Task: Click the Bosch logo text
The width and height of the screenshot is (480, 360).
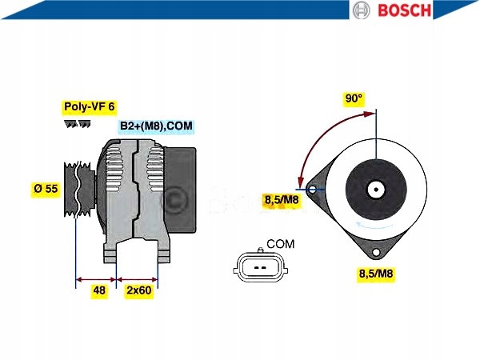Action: (x=404, y=10)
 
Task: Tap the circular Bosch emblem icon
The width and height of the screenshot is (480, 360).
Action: (x=362, y=10)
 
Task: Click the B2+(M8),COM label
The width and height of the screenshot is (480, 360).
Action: (x=156, y=126)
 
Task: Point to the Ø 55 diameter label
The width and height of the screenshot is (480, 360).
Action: (x=46, y=189)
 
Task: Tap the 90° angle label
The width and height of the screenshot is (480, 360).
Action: (x=354, y=98)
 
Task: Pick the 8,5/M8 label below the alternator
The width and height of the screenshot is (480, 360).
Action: (x=375, y=274)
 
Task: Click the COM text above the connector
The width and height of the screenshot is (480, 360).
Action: (x=280, y=243)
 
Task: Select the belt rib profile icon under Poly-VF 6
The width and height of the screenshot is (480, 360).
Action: (x=78, y=125)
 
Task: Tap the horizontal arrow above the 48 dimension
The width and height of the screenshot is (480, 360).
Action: (x=96, y=280)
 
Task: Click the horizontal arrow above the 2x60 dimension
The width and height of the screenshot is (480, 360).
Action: (x=138, y=280)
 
